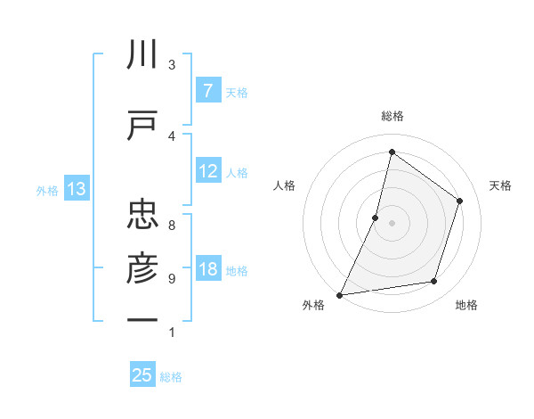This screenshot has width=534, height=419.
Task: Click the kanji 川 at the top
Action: tap(142, 55)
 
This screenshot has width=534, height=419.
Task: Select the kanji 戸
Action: tap(142, 125)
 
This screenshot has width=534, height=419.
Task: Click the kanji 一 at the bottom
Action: tap(142, 319)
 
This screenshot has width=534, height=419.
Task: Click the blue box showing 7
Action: tap(207, 90)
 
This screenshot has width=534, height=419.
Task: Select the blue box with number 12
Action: tap(207, 171)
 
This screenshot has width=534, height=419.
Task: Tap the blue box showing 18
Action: tap(207, 269)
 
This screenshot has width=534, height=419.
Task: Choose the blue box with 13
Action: tap(76, 189)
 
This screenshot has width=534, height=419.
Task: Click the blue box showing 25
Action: tap(142, 375)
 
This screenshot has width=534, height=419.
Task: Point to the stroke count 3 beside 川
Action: tap(172, 65)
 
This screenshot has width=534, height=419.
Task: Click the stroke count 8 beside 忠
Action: tap(172, 226)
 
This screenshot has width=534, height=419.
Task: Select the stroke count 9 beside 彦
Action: tap(172, 279)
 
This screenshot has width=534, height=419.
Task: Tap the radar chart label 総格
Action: tap(392, 116)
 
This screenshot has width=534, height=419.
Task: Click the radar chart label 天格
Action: tap(500, 185)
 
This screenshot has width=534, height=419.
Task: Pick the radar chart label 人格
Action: tap(284, 185)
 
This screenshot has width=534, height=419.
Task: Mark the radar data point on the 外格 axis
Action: tap(339, 295)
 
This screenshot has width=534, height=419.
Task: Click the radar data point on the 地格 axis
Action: tap(434, 282)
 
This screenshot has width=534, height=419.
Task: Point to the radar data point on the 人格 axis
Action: tap(376, 218)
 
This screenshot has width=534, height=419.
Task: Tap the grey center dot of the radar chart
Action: tap(392, 223)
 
